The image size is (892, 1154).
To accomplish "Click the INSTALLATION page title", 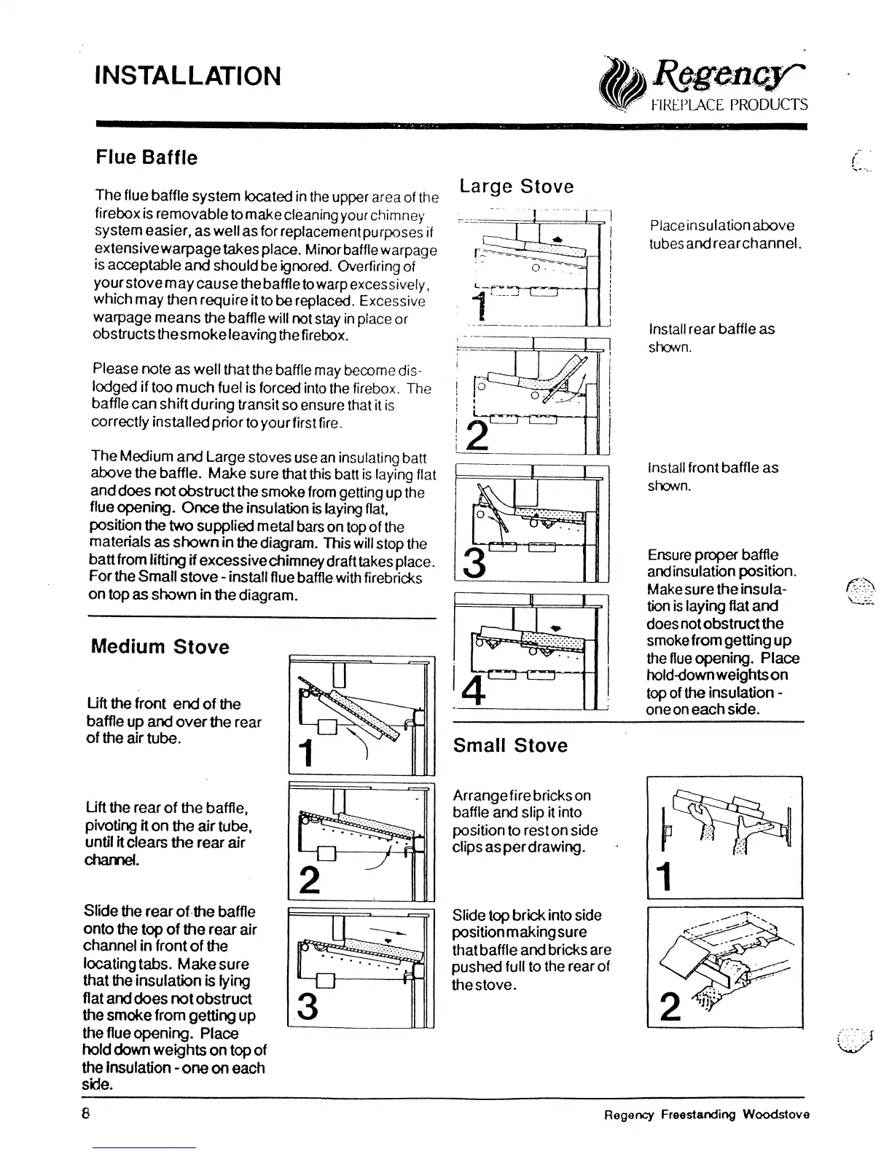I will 188,76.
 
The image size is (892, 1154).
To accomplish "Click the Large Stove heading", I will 517,187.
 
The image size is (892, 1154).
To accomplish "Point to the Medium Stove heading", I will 160,647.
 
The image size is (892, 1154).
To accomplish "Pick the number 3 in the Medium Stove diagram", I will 308,1007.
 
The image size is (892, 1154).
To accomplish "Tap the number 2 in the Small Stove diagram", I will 665,1007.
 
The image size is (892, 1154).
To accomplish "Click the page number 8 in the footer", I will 86,1114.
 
